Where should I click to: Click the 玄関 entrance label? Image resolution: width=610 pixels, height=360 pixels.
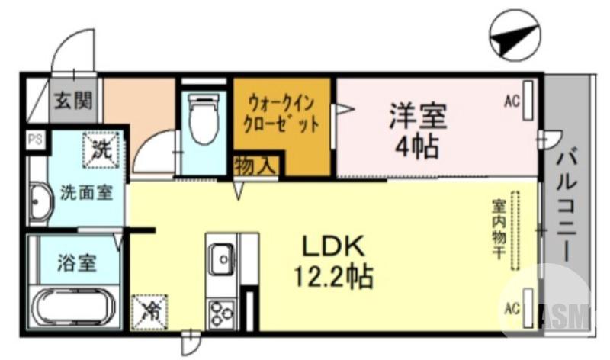click(x=74, y=99)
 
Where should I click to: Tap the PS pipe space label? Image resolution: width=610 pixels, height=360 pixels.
click(x=35, y=140)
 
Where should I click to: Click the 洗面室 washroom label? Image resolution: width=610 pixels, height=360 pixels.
click(x=86, y=192)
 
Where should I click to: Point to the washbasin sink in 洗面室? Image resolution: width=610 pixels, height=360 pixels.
click(x=38, y=203)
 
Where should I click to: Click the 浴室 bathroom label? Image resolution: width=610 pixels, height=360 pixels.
click(x=76, y=263)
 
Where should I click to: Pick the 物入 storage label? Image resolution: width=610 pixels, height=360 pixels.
click(x=255, y=166)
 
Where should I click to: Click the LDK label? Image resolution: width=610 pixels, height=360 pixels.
click(x=334, y=246)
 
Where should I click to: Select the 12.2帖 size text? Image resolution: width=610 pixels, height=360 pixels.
click(x=334, y=275)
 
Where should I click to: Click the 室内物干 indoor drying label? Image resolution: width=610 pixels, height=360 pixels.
click(x=499, y=229)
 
